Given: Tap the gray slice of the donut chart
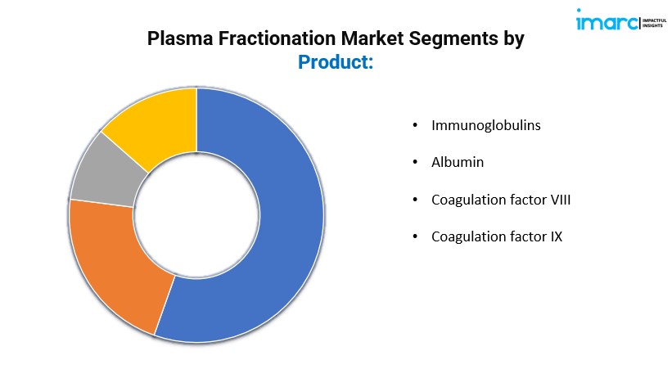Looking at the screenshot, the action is coord(107,172).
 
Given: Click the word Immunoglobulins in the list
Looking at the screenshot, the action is coord(486,125).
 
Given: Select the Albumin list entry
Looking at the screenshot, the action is coord(458,162).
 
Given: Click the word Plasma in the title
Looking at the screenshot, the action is coord(180,38).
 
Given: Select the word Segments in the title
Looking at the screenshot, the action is coord(453,39).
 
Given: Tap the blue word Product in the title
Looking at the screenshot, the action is coord(333,62).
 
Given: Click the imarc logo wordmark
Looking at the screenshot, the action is coord(607,20).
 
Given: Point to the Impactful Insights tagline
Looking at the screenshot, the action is coord(654,23).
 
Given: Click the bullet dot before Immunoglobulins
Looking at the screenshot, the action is coord(415,125).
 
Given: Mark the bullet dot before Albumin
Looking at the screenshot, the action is coord(415,162).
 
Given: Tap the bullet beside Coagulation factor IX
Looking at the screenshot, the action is coord(415,236).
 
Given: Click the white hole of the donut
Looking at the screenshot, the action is coord(196,214).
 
